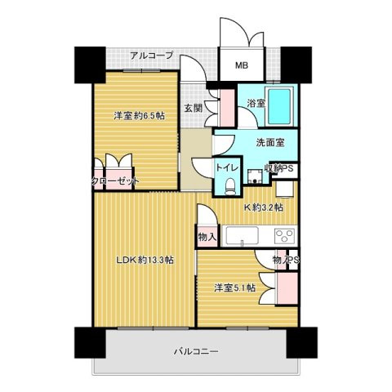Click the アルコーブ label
(x=152, y=56)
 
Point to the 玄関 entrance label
(x=193, y=107)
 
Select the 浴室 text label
(x=256, y=103)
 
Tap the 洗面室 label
(x=269, y=142)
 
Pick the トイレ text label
(x=226, y=167)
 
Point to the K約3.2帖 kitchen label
(x=265, y=208)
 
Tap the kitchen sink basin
(x=243, y=238)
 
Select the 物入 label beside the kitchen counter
(x=207, y=238)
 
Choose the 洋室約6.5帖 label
(x=139, y=116)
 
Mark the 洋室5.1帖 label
(x=235, y=287)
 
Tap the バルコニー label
(x=195, y=351)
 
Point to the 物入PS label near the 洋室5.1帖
(x=286, y=261)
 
